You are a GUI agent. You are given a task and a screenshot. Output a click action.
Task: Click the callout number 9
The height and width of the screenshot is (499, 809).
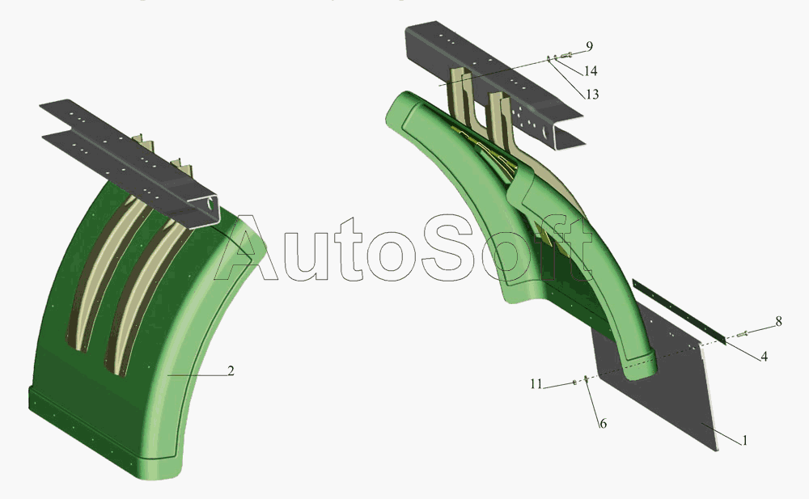click(x=589, y=46)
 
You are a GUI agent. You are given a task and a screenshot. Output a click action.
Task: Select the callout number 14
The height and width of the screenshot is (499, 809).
click(x=591, y=70)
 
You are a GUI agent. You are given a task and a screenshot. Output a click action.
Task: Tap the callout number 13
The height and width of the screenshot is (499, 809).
click(x=592, y=95)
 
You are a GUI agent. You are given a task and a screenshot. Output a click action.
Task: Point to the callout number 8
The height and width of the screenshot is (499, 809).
click(x=778, y=322)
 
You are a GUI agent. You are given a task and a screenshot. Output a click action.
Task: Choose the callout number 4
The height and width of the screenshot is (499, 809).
click(x=765, y=356)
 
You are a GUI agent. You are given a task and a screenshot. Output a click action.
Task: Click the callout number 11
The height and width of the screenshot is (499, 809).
click(x=536, y=384)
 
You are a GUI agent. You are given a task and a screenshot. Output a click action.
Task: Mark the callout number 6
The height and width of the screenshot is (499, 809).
click(x=603, y=424)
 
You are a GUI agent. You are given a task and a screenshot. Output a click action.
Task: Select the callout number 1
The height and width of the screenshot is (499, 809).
click(x=744, y=440)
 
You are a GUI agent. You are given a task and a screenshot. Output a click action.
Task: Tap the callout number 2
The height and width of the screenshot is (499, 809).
click(x=231, y=370)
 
